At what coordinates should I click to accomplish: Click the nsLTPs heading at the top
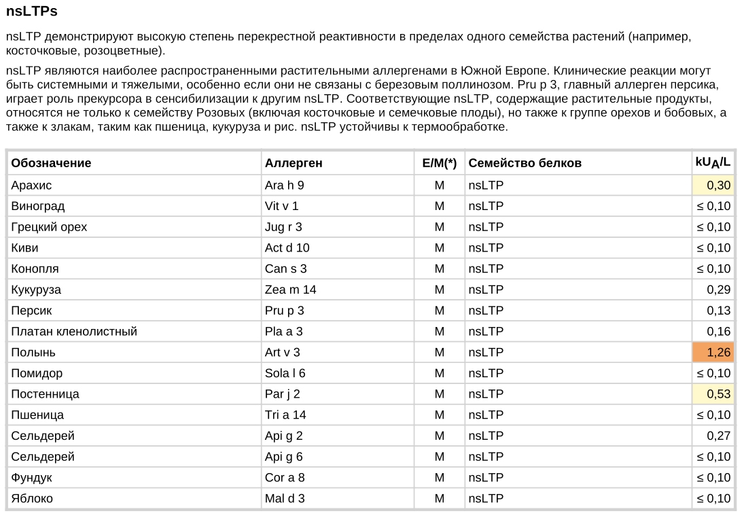(x=31, y=12)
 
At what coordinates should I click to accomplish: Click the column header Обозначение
(x=51, y=163)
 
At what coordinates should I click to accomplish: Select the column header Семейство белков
(x=525, y=163)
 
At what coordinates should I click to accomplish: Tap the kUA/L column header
(x=712, y=162)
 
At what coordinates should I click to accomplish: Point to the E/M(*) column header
(x=439, y=163)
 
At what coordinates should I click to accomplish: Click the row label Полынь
(x=33, y=352)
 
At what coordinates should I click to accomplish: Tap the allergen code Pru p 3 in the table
(x=284, y=311)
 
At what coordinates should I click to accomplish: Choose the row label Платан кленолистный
(x=74, y=332)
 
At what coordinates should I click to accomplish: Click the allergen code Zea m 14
(x=290, y=290)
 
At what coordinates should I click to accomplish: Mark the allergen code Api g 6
(x=283, y=457)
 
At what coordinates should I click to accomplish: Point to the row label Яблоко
(x=32, y=498)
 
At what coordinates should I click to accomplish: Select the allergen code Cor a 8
(x=285, y=478)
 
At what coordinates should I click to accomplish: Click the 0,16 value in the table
(x=718, y=332)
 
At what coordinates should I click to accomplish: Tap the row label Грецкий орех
(x=49, y=227)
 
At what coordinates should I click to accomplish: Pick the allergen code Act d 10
(x=287, y=248)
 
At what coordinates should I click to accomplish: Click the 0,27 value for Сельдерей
(x=718, y=436)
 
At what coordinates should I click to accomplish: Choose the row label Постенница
(x=45, y=394)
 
